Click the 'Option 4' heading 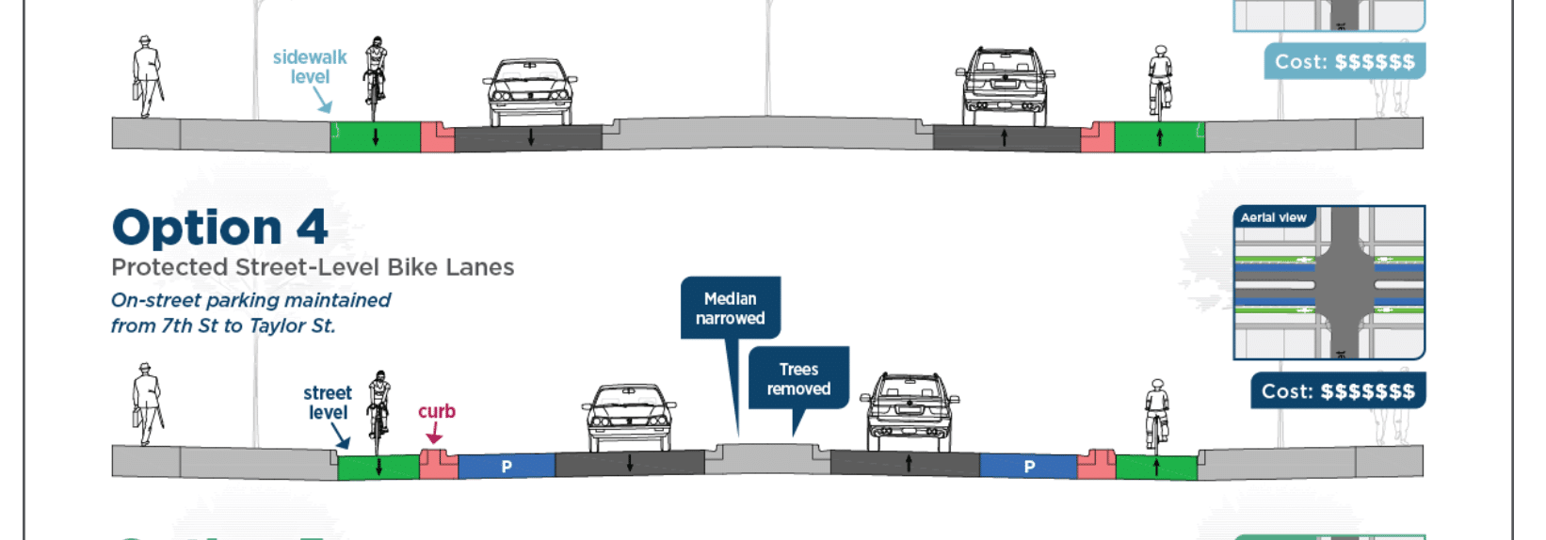click(219, 227)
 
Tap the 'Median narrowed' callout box click(731, 308)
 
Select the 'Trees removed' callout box click(798, 378)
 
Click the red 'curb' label click(436, 411)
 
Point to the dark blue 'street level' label click(328, 403)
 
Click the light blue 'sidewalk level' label click(310, 67)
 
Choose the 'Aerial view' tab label click(1273, 217)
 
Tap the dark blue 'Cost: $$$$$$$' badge click(1338, 391)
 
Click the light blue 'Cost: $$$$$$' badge click(1345, 61)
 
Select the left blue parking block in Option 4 click(507, 467)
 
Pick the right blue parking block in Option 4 click(1028, 467)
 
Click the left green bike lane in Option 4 click(378, 467)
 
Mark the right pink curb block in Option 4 click(1096, 464)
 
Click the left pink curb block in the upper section click(437, 136)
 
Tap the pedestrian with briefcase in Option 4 click(146, 405)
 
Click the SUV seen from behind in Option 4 click(909, 412)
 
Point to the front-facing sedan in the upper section click(530, 91)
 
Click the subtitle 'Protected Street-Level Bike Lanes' click(313, 267)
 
